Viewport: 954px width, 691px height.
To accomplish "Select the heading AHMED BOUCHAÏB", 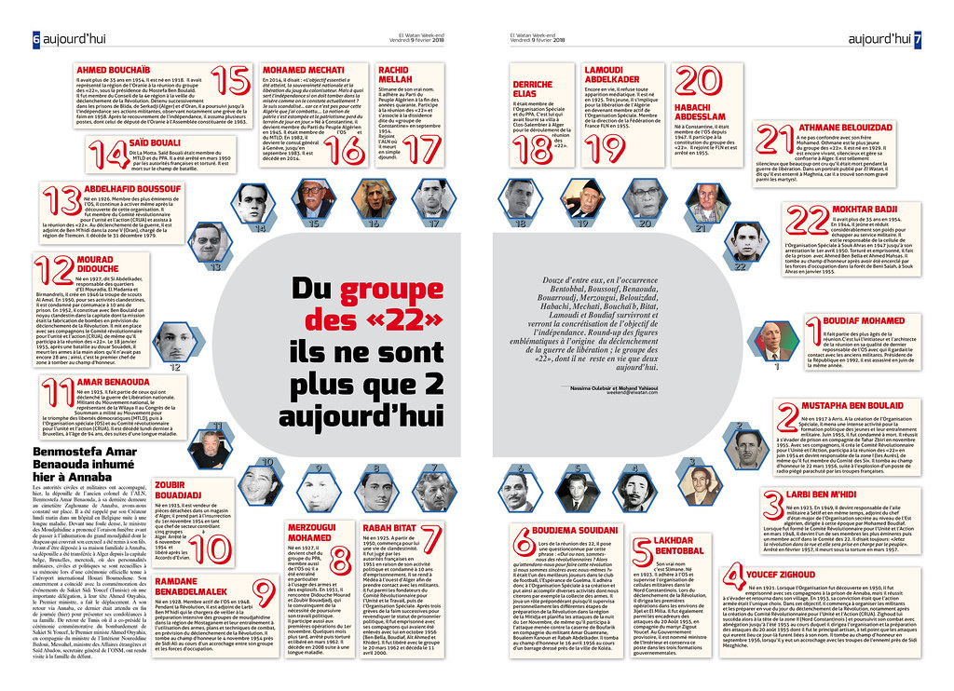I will (x=114, y=71).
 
